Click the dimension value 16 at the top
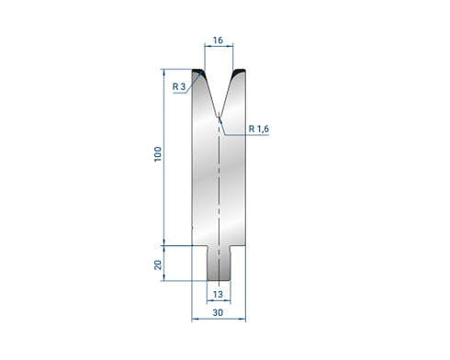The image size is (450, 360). pyautogui.click(x=218, y=40)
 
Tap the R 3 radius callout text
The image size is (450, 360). pyautogui.click(x=179, y=86)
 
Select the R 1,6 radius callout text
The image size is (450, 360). pyautogui.click(x=259, y=129)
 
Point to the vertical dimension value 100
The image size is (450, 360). pyautogui.click(x=158, y=154)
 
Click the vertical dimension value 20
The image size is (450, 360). pyautogui.click(x=158, y=264)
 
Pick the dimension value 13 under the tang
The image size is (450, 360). pyautogui.click(x=218, y=295)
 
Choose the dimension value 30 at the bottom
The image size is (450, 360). pyautogui.click(x=218, y=312)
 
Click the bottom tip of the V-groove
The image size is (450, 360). pyautogui.click(x=219, y=117)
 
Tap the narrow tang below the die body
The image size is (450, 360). pyautogui.click(x=219, y=263)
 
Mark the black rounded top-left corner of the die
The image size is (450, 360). pyautogui.click(x=197, y=73)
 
